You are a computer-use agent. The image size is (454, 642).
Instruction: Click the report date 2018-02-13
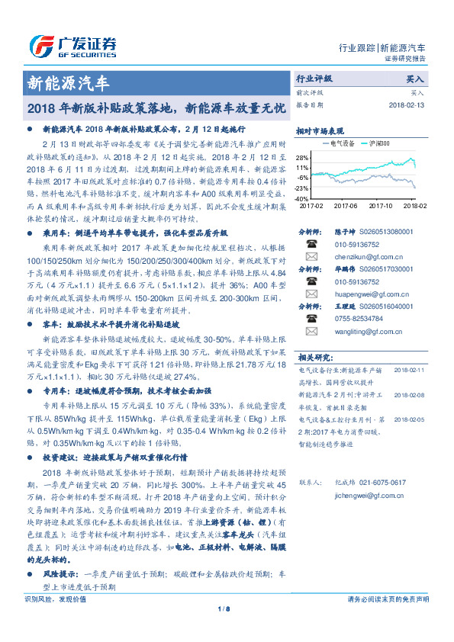(404, 105)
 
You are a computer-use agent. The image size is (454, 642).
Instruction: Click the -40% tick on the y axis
(303, 198)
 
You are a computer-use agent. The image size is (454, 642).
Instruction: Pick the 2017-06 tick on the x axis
(345, 205)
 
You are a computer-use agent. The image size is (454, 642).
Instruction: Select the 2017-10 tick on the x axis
(380, 205)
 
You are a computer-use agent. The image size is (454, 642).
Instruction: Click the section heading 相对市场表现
(320, 130)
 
